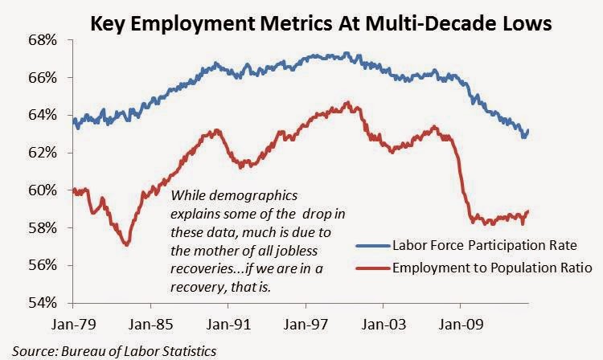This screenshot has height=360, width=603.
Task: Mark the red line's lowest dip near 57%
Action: tap(125, 243)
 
